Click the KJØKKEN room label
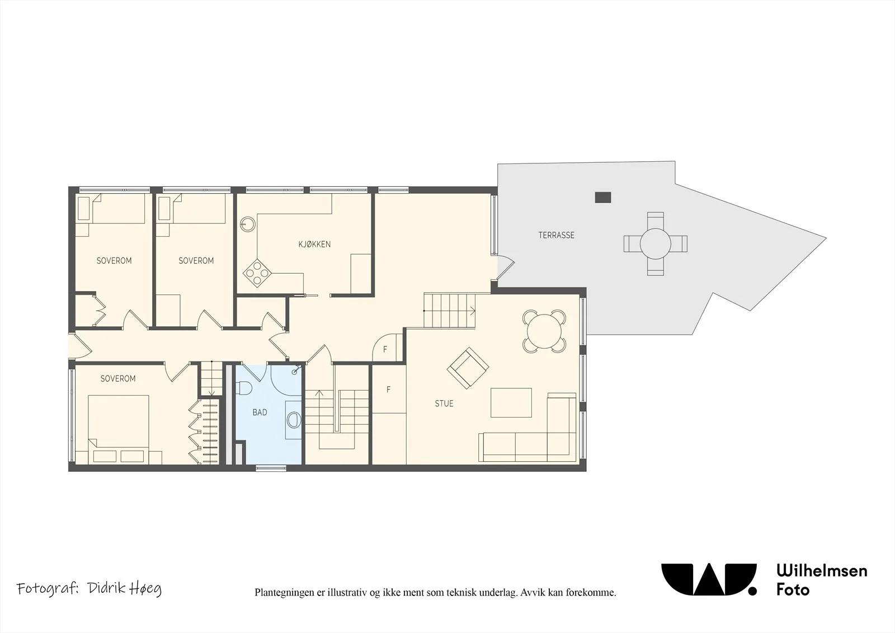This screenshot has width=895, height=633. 314,245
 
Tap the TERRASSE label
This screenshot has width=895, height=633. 556,235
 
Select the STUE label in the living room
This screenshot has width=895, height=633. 444,404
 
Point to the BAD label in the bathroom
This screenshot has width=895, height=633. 260,412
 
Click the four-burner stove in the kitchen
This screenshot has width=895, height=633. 257,273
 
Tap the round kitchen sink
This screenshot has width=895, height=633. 248,224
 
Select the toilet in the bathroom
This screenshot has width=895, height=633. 243,388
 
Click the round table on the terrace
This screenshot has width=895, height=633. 655,243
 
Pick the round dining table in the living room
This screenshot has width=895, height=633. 544,331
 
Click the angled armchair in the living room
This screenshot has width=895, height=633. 468,368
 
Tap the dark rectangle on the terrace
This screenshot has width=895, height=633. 603,197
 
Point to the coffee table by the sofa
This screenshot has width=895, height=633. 511,402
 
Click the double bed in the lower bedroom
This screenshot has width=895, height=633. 118,429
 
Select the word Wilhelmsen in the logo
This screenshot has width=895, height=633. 822,571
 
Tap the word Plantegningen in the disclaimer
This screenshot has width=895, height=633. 285,593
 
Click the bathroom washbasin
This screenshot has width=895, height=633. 294,419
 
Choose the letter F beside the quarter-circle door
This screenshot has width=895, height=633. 385,349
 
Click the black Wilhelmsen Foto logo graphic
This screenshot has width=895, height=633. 709,579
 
